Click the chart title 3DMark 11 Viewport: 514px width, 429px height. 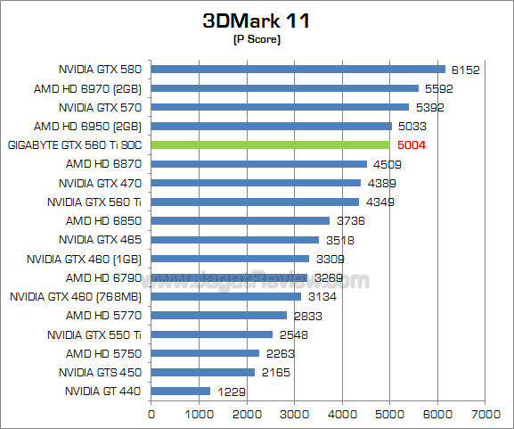257,21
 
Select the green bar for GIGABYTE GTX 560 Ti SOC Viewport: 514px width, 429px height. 271,144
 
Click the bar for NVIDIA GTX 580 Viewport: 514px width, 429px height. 298,69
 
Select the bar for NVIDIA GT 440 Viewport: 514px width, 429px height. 181,391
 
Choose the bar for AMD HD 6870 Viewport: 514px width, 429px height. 259,163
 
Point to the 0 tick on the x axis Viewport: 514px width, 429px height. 151,415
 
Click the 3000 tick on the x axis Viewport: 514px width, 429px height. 295,415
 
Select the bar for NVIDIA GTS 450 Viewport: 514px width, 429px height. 203,372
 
